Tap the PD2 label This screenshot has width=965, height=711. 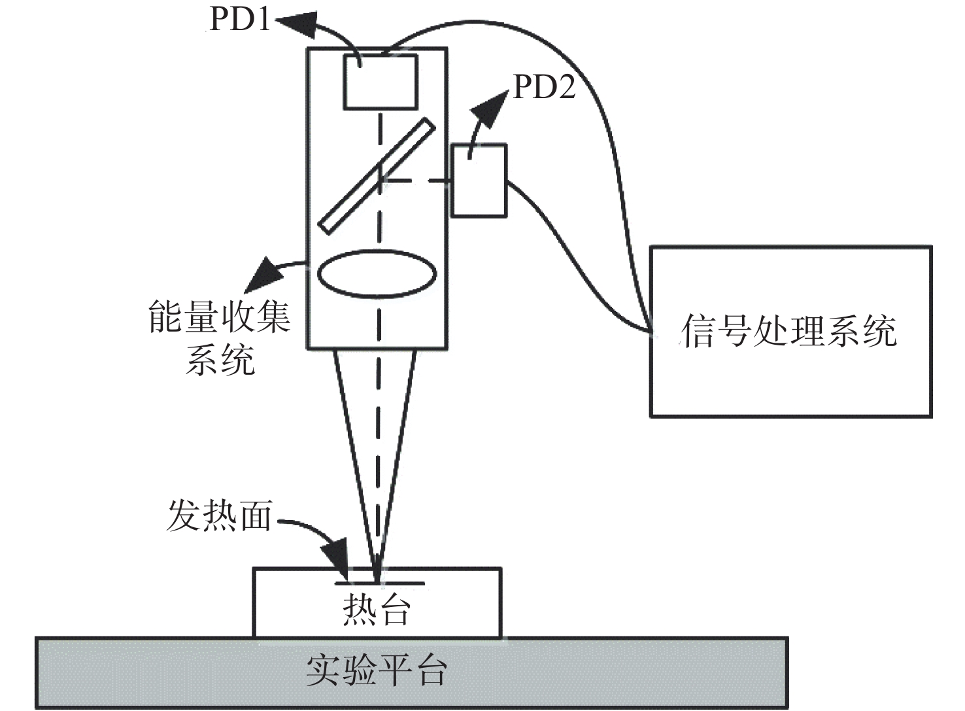545,87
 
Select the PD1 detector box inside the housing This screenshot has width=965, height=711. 381,82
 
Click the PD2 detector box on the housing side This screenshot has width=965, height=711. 479,181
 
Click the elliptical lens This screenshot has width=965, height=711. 377,274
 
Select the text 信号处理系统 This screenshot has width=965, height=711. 788,331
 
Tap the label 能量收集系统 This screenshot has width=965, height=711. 220,338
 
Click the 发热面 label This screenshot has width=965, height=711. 219,515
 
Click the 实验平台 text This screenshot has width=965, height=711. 377,671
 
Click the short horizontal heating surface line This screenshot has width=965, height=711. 380,584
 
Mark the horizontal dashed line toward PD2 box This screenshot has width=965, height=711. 417,181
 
